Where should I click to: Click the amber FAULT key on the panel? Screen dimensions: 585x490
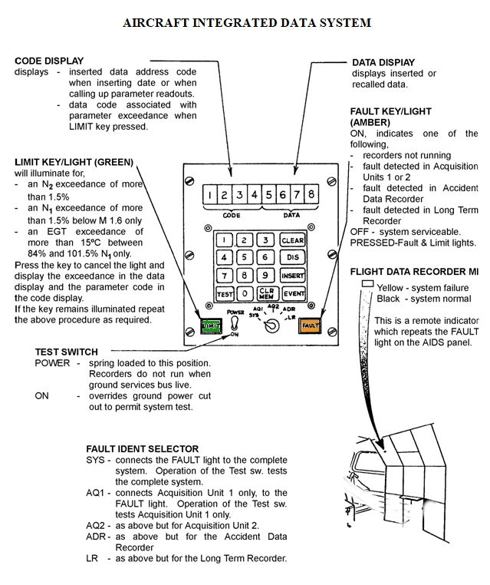(311, 326)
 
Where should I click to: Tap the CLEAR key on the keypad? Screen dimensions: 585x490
(292, 240)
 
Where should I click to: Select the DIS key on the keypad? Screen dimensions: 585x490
(292, 257)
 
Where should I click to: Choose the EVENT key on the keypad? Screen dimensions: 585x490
(292, 292)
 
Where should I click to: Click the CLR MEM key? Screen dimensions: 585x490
(265, 292)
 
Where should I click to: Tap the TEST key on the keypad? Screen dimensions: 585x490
(224, 293)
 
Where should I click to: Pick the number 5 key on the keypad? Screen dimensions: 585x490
(245, 257)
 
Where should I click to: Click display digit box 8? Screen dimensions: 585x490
(311, 195)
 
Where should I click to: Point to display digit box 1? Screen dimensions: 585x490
(211, 195)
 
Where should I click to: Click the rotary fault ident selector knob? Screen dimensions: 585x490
(270, 326)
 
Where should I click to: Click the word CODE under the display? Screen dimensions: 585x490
(231, 216)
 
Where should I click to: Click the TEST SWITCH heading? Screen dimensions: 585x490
(66, 352)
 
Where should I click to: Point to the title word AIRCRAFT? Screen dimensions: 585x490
(153, 23)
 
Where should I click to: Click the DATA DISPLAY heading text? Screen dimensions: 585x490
(383, 62)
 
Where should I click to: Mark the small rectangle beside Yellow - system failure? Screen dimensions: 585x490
(367, 284)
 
